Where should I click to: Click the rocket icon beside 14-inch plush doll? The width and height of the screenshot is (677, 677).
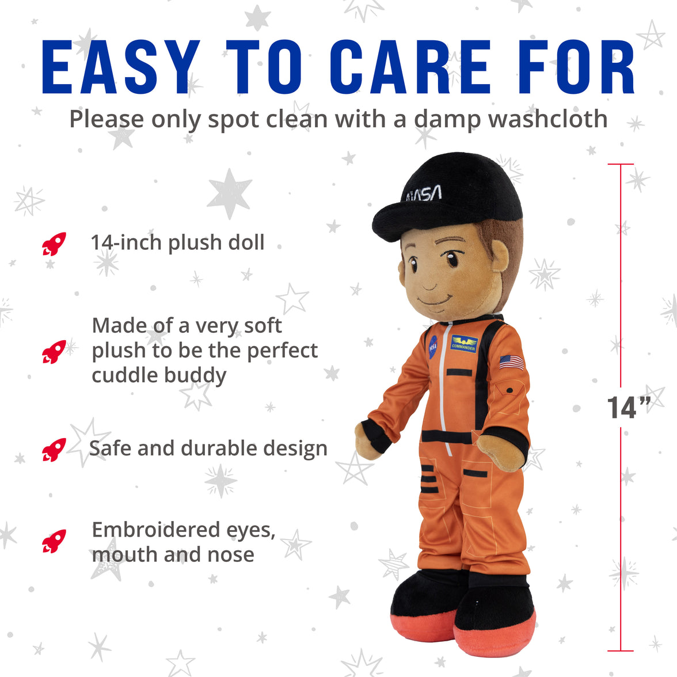54,244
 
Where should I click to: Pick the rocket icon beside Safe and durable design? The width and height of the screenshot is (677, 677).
54,450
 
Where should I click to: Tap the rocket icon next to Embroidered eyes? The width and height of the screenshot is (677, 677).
54,541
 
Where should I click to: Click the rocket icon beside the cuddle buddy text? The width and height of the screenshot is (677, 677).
54,351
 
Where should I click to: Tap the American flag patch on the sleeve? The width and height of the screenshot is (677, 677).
512,362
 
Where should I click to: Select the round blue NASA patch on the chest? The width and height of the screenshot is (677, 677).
433,347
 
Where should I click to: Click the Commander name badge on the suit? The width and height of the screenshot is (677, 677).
464,344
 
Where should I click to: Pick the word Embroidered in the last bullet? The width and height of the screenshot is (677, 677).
155,530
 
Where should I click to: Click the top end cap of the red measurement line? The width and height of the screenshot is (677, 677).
621,165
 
